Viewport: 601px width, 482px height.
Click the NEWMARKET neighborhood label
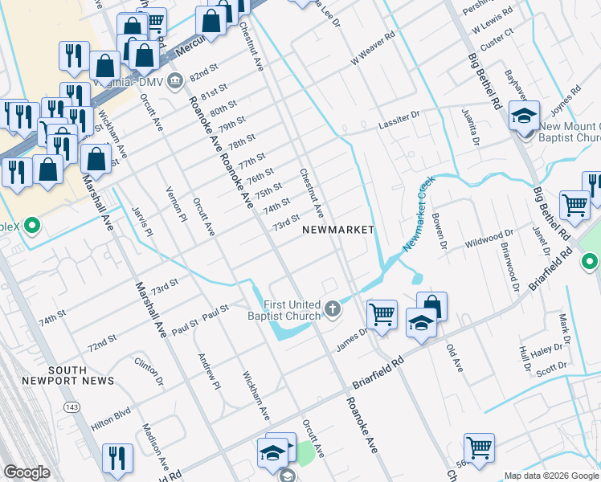pos(338,230)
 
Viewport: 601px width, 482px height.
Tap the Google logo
pos(27,472)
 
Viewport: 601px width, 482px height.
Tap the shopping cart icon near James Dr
pos(382,312)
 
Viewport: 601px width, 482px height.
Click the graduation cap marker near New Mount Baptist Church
pos(524,116)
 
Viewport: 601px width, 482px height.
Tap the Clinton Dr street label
pos(149,373)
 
